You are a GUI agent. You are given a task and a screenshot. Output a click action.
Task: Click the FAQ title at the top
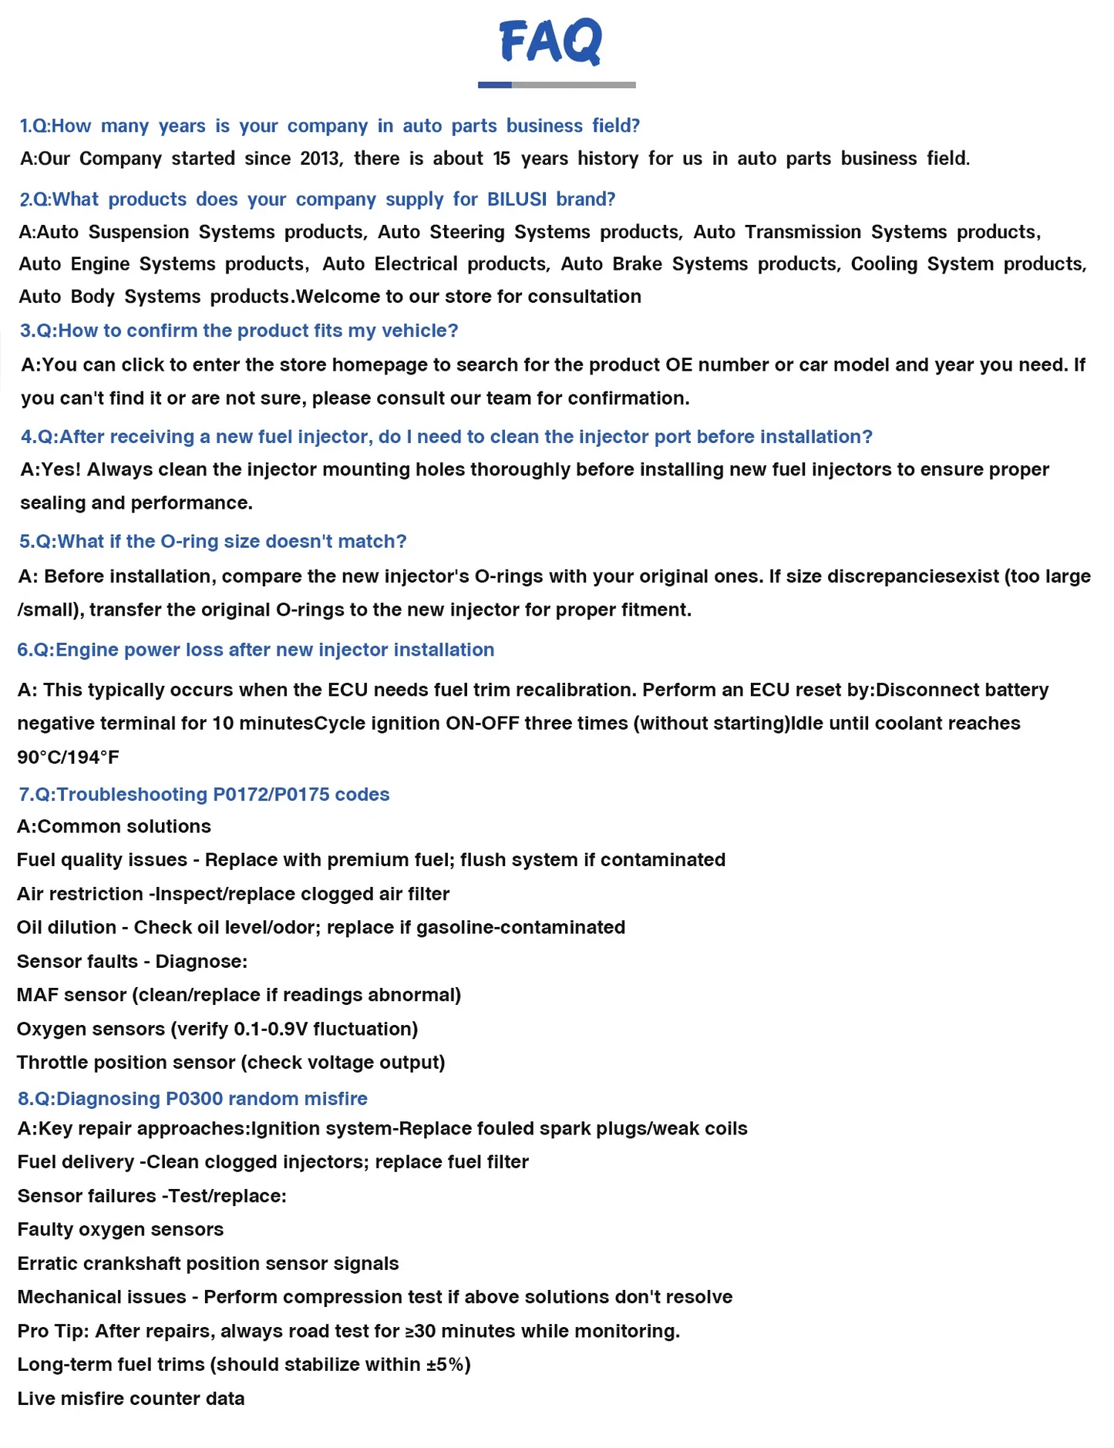point(551,42)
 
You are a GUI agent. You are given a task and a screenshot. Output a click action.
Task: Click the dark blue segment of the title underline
point(494,85)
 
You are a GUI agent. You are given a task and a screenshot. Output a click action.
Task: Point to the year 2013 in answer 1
point(320,159)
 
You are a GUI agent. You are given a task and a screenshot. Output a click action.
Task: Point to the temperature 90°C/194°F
point(68,758)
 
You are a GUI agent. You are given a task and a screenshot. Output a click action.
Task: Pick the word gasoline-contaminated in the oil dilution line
point(520,927)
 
